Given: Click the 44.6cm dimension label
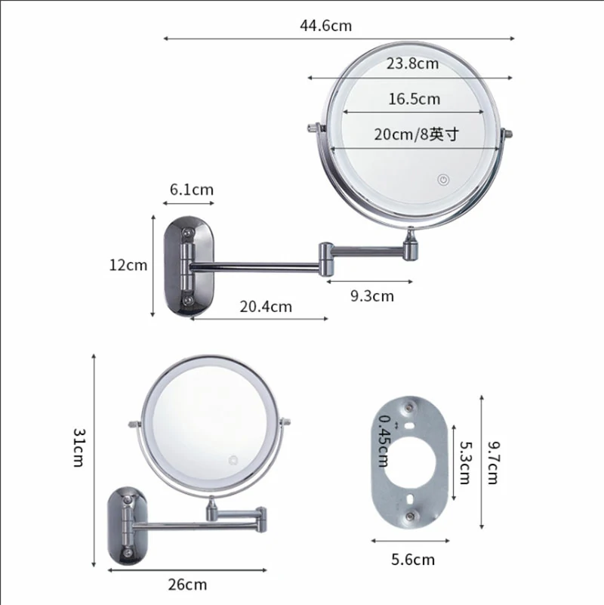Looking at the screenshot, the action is pos(326,26).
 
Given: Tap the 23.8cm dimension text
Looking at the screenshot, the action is pos(412,63).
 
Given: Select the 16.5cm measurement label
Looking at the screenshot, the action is pos(414,99).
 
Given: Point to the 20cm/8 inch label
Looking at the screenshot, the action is pos(417,134).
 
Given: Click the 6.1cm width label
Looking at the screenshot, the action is pos(191,190).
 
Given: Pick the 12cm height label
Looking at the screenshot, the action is pos(128,265).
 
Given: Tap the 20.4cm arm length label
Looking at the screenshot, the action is pos(266,307).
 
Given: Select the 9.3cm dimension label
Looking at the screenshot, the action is pos(372,296).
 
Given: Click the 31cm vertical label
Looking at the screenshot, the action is pos(79,448).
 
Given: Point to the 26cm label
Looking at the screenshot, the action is pos(187,585).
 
